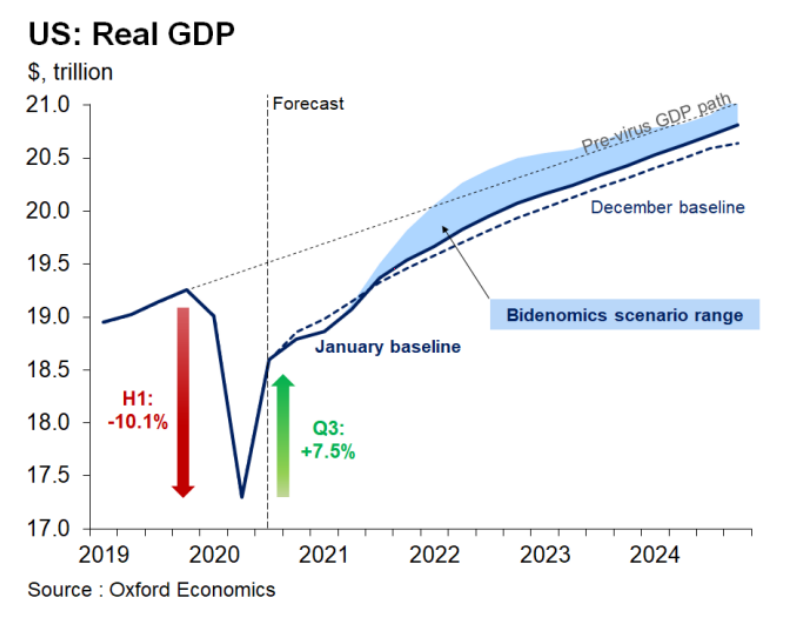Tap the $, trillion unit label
tap(70, 72)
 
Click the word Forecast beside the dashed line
tap(308, 103)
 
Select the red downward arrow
tap(182, 400)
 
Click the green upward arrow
tap(283, 436)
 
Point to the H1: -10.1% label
tap(137, 411)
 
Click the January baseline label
tap(387, 347)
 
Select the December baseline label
tap(668, 207)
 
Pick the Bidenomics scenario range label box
tap(624, 315)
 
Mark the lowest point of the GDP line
tap(241, 497)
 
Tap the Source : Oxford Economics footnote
tap(151, 589)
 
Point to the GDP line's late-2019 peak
tap(187, 290)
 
